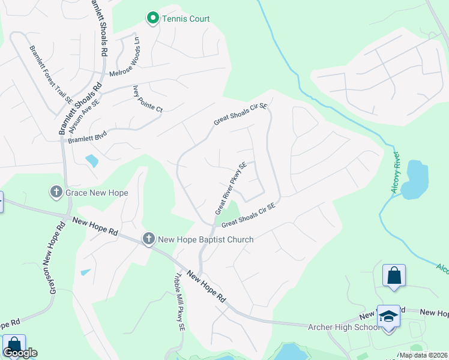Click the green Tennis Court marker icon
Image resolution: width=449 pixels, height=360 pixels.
[x=152, y=19]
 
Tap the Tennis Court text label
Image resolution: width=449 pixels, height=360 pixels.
[x=186, y=19]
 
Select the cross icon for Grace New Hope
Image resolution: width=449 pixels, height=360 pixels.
[x=56, y=193]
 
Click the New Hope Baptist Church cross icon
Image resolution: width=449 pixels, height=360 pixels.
[x=148, y=239]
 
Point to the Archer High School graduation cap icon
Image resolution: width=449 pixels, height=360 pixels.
[x=388, y=317]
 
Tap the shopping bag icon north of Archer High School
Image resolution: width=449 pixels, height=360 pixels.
[x=394, y=276]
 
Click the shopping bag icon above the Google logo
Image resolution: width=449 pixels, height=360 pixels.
[x=14, y=345]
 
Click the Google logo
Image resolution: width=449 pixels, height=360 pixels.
[x=20, y=353]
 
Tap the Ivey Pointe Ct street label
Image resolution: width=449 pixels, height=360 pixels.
[x=147, y=99]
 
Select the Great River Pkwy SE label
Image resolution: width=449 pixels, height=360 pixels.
[x=231, y=188]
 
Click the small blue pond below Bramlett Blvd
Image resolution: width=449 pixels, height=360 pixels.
[x=91, y=161]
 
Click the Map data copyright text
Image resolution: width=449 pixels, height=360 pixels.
[x=424, y=355]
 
